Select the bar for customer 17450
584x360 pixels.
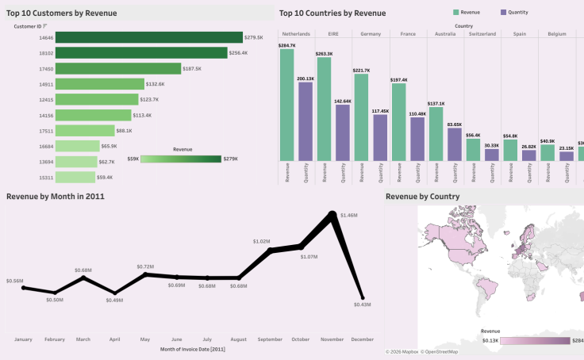[119, 69]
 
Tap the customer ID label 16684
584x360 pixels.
[45, 147]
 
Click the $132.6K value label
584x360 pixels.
[156, 84]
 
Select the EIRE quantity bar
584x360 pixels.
[343, 132]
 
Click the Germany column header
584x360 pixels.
[370, 34]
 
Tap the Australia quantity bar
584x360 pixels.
[455, 144]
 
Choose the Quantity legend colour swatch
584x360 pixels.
[505, 13]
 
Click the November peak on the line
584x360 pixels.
[335, 214]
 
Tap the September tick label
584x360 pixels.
[271, 339]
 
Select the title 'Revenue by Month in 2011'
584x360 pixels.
[56, 196]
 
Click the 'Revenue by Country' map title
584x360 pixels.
[422, 196]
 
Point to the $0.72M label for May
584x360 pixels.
[144, 266]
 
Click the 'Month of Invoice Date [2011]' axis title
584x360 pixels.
[192, 350]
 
